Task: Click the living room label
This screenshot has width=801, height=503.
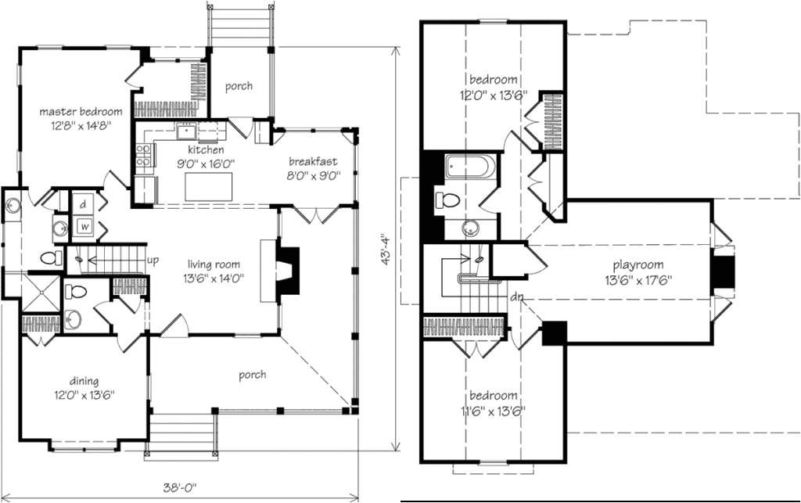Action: [x=214, y=264]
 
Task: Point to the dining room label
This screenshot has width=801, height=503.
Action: [x=70, y=382]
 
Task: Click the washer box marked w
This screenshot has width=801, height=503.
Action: [x=82, y=227]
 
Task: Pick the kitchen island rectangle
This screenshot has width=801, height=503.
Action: [x=209, y=187]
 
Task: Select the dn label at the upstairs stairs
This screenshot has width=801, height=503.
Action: [x=516, y=297]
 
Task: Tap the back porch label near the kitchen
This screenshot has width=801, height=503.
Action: [x=239, y=86]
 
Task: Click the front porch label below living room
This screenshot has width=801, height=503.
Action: [x=252, y=375]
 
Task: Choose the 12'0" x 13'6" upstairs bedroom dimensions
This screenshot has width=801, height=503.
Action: [x=493, y=94]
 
